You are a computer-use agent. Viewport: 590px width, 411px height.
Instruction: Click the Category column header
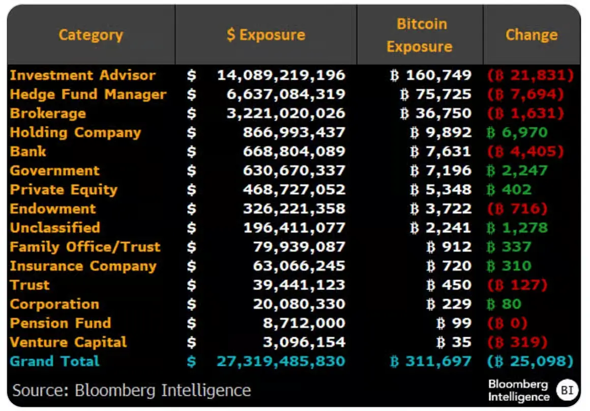coord(91,35)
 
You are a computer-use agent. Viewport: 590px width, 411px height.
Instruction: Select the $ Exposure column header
coord(266,35)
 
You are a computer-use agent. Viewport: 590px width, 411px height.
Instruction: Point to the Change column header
coord(532,35)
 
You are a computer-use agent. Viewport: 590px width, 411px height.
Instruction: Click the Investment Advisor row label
coord(83,75)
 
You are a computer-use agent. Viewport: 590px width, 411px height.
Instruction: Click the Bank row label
coord(28,152)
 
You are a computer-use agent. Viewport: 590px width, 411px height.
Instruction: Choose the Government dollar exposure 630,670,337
coord(294,171)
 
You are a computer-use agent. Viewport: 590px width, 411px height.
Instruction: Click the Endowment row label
coord(53,209)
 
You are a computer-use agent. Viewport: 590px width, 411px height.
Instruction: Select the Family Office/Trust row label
coord(85,247)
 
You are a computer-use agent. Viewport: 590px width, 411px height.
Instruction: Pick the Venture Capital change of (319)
coord(517,342)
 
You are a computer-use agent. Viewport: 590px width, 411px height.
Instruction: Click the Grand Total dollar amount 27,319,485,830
coord(281,362)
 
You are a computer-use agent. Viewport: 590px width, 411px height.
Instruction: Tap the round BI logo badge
coord(566,390)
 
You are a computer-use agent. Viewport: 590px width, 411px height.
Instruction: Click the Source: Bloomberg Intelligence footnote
coord(132,390)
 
